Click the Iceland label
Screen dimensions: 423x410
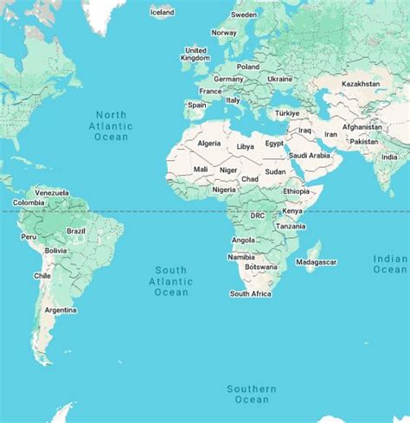tap(162, 12)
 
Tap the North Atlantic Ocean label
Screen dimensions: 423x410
tap(112, 125)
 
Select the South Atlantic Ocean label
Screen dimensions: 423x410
tap(170, 281)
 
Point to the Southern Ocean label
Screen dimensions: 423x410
tap(252, 394)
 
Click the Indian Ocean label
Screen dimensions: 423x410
tap(390, 264)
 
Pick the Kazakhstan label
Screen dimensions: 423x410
tap(361, 84)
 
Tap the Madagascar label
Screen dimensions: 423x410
tap(317, 262)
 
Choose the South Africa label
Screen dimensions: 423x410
tap(251, 294)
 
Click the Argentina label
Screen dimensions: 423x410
tap(61, 310)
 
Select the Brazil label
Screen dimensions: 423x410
tap(76, 231)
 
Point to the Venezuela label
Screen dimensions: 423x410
tap(51, 192)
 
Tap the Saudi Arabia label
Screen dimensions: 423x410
tap(309, 156)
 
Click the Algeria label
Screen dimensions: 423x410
tap(209, 143)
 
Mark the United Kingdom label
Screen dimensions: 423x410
tap(195, 54)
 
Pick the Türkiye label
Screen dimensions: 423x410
tap(286, 113)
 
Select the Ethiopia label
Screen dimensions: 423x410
tap(296, 191)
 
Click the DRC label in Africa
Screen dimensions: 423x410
tap(258, 215)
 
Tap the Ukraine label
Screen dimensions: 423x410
tap(279, 79)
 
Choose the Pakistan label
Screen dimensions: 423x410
tap(364, 141)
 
